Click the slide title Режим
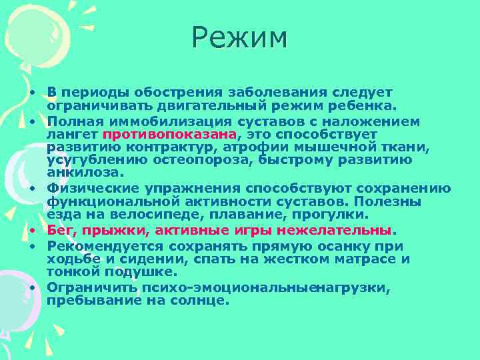[x=239, y=38]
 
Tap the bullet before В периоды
[x=31, y=93]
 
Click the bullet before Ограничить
[x=31, y=288]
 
